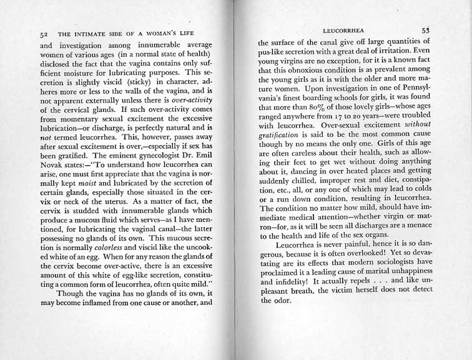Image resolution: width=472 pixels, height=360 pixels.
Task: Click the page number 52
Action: (x=43, y=35)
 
